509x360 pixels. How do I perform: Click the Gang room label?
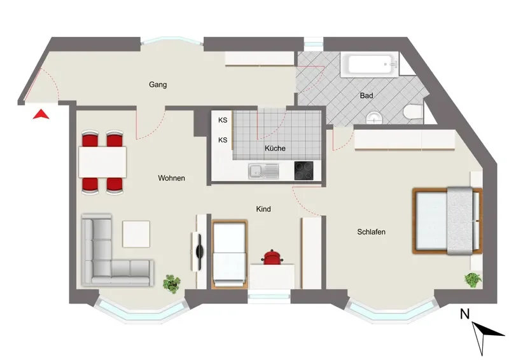pos(158,85)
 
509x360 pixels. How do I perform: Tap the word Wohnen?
pos(171,178)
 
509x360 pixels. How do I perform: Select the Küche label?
pos(275,148)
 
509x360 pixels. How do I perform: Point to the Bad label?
pos(366,96)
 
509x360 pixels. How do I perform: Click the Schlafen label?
pos(371,232)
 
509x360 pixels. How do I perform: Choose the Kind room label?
pos(263,209)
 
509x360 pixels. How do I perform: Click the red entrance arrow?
pos(41,114)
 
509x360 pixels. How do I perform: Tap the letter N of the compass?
pos(465,314)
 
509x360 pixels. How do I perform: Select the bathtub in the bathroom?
pos(370,65)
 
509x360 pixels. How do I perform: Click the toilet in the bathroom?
pos(413,111)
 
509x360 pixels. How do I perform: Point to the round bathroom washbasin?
pos(375,118)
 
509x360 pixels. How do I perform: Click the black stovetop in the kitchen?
pos(304,170)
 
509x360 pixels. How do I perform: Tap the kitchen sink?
pos(263,171)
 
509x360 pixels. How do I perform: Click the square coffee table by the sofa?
pos(136,234)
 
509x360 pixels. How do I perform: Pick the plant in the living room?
pos(172,284)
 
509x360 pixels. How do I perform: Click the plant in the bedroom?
pos(473,280)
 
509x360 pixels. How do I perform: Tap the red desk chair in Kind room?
pos(272,257)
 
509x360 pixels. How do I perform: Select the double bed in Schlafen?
pos(447,221)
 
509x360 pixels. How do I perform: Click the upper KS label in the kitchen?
pos(223,120)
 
